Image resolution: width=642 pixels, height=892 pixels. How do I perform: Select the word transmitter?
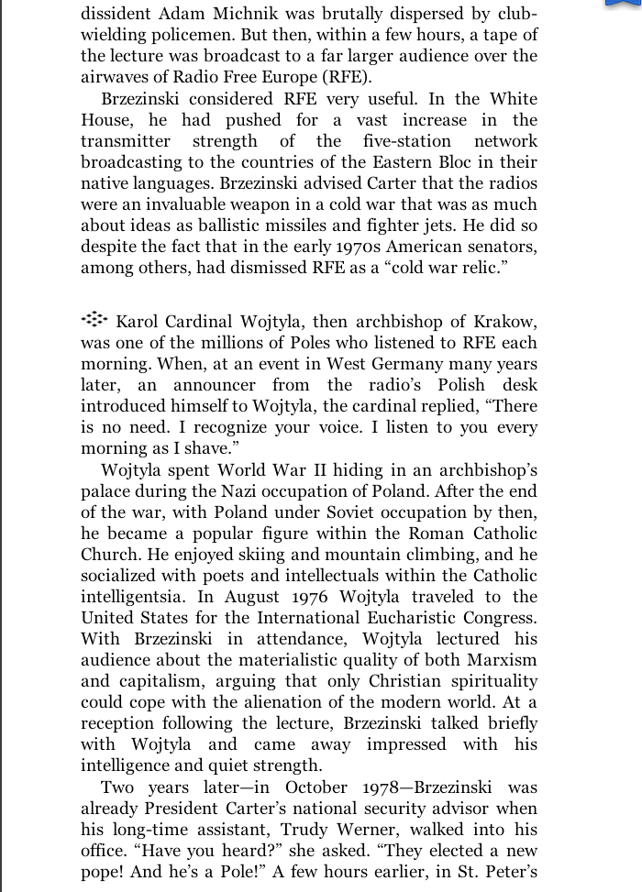(126, 141)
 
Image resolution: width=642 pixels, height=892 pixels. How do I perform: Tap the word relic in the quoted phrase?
(480, 268)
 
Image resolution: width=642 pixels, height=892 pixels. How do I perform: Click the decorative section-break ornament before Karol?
(94, 320)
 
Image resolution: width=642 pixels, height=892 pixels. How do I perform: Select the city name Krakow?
(505, 322)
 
